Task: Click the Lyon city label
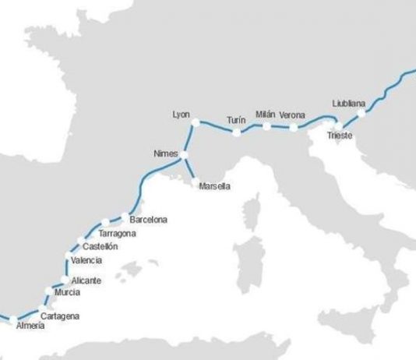click(181, 115)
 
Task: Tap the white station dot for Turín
click(237, 132)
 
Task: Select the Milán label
click(266, 115)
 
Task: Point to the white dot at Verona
click(294, 127)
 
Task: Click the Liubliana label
click(348, 103)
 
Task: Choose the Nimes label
click(166, 153)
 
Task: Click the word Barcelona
click(148, 220)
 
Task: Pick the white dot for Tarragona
click(105, 223)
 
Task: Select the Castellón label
click(100, 246)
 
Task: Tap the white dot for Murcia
click(51, 292)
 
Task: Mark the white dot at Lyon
click(196, 122)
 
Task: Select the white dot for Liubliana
click(361, 113)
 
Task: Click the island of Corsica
click(252, 211)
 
